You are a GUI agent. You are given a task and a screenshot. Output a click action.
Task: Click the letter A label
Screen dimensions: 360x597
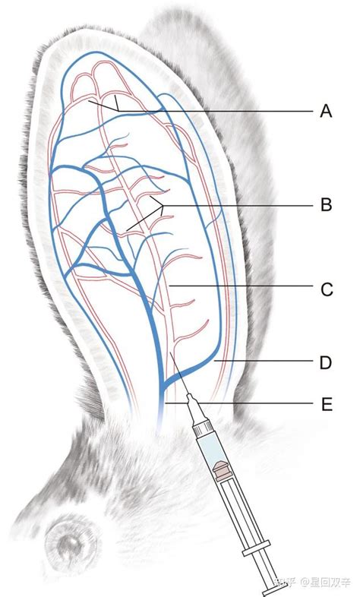tap(326, 111)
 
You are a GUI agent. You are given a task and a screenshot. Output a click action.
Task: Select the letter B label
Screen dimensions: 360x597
tap(326, 205)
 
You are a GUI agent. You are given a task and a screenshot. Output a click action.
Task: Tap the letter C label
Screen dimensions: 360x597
tap(327, 289)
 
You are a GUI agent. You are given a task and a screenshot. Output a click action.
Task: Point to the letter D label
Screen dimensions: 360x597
tap(326, 362)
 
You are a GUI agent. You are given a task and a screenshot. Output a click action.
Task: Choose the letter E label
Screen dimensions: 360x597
tap(327, 404)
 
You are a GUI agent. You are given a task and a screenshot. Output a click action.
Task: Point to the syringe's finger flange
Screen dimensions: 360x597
tap(257, 548)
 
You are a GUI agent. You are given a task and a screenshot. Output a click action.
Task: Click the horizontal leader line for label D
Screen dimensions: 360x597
tap(264, 360)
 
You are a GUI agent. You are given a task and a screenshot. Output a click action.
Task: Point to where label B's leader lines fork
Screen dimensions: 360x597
tap(163, 206)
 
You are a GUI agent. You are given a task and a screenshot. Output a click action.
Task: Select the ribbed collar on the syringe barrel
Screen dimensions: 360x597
tap(203, 428)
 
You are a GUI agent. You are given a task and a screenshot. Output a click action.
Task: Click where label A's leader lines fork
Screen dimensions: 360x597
tap(118, 111)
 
